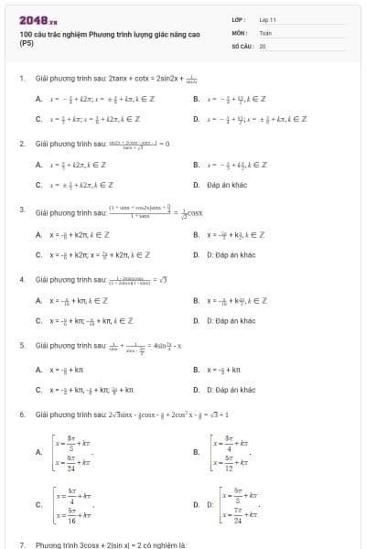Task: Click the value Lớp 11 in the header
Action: click(268, 19)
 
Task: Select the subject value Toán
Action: click(265, 32)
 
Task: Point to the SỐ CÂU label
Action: click(241, 45)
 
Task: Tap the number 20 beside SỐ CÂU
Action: click(263, 45)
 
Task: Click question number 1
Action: click(21, 79)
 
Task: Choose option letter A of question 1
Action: click(38, 98)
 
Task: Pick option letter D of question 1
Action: click(197, 118)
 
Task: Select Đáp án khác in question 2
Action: click(228, 184)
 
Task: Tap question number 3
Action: click(21, 210)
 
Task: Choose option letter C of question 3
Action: click(38, 253)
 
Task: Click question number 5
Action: click(21, 345)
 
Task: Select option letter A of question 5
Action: click(38, 370)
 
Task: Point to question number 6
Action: click(21, 414)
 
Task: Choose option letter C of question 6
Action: click(38, 502)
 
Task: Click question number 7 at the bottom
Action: click(21, 544)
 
